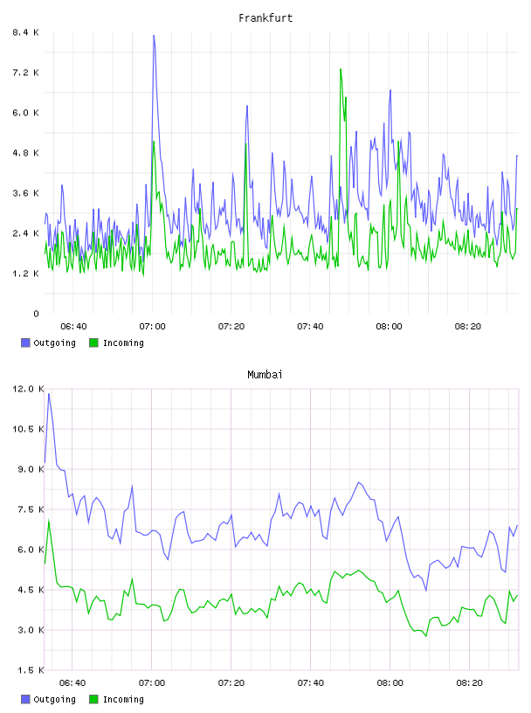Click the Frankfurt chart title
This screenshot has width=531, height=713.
click(265, 18)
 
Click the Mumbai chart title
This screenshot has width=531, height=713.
click(265, 375)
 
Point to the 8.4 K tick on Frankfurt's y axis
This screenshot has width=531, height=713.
click(26, 32)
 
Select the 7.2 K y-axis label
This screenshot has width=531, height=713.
click(26, 73)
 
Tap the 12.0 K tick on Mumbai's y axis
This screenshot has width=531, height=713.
click(29, 389)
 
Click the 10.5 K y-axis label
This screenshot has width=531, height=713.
click(29, 429)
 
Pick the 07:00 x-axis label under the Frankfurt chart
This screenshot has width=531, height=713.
click(152, 326)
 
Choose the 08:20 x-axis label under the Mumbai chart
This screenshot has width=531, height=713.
click(469, 682)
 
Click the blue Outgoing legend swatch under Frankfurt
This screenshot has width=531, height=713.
click(25, 343)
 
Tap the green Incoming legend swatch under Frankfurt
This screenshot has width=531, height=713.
click(93, 343)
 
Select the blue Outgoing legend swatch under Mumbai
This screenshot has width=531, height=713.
click(25, 699)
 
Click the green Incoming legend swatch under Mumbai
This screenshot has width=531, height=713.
click(93, 699)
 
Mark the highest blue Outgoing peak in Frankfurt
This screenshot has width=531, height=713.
click(154, 36)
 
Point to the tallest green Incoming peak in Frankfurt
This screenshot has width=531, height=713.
click(341, 69)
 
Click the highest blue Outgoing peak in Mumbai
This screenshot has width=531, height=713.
click(49, 394)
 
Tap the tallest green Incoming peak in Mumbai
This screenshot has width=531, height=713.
click(49, 520)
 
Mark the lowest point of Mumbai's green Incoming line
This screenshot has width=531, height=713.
click(426, 636)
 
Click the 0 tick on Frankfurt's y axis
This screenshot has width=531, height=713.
click(37, 314)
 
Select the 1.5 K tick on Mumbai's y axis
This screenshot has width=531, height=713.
click(29, 670)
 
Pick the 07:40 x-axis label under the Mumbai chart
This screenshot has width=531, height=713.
click(311, 682)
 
